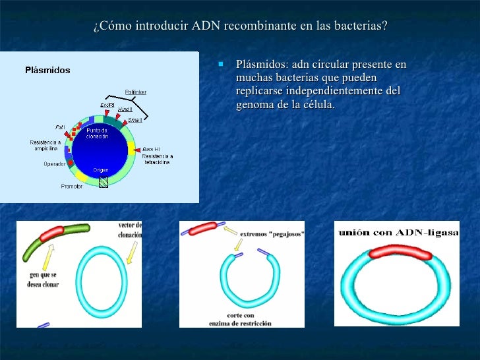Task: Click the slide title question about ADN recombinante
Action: click(x=240, y=26)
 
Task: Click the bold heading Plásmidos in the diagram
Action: click(x=47, y=70)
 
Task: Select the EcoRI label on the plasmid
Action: click(x=107, y=104)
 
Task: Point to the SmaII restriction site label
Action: click(x=135, y=120)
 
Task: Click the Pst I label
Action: click(x=59, y=127)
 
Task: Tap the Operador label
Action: click(x=54, y=164)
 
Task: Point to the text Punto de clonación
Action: click(x=97, y=133)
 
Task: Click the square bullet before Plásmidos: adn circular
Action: click(x=222, y=65)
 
